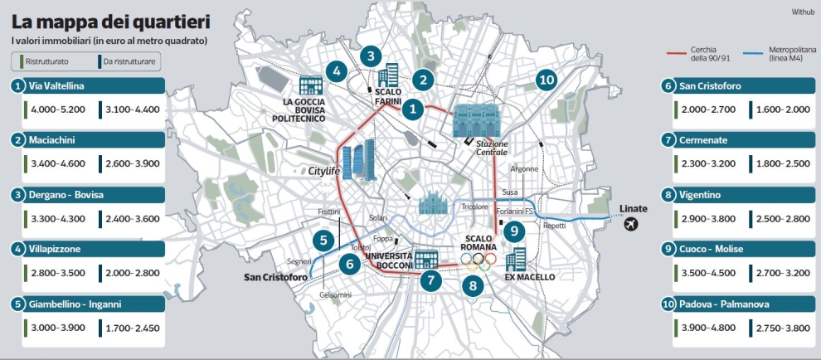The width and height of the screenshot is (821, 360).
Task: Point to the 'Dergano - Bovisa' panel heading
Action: [66, 195]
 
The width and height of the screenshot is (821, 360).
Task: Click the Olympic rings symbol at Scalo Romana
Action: [478, 261]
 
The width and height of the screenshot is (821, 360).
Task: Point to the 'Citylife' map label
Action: [325, 171]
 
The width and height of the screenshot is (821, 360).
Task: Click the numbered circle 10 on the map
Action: [545, 80]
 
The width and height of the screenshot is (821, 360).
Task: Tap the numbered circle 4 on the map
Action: [335, 71]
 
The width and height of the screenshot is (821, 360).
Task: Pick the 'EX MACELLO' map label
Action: [530, 276]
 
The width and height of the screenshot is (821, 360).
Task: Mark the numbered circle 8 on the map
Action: [473, 286]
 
